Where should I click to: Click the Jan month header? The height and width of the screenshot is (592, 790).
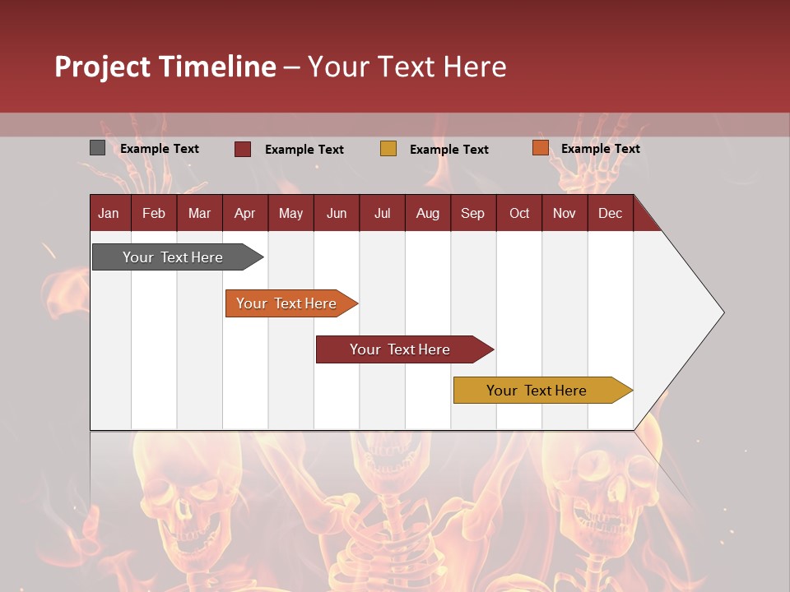pos(109,213)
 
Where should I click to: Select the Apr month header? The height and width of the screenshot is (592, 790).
pos(244,213)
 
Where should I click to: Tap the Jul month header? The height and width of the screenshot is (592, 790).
pos(382,213)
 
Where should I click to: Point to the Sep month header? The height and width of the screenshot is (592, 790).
pos(472,213)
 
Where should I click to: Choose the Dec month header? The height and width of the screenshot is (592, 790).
pos(610,213)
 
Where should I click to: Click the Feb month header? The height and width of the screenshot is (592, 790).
pos(154,213)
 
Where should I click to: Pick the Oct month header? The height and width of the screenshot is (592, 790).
pos(519,213)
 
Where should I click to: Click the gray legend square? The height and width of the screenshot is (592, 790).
pos(97,148)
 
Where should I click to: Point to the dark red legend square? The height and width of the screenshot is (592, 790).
pos(243,149)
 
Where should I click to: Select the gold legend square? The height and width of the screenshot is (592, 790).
pos(388,149)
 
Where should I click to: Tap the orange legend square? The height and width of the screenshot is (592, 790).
pos(540,148)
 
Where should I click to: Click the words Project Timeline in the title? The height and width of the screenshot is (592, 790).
pos(165,67)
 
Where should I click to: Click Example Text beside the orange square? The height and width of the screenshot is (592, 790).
pos(600,149)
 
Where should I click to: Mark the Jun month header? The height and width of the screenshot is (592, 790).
pos(337,213)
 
